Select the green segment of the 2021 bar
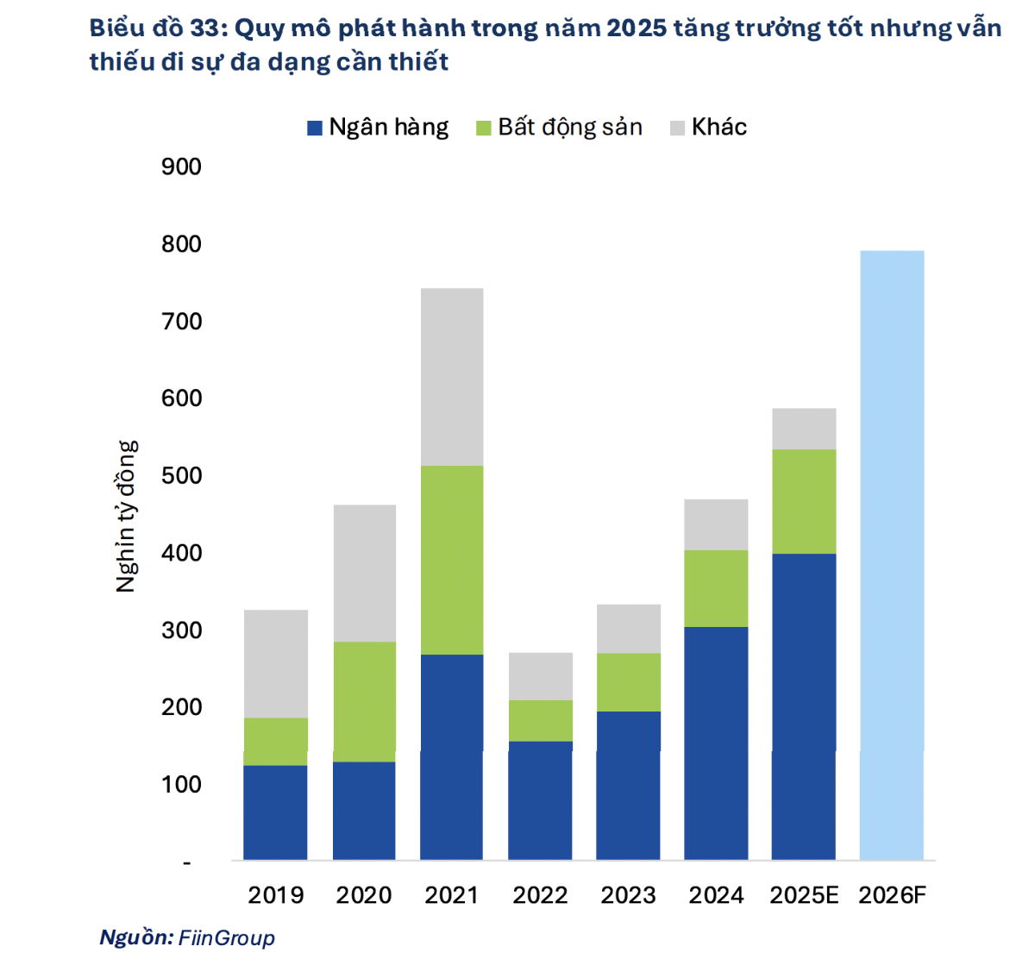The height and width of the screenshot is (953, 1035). (452, 560)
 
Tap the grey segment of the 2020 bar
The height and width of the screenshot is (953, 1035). (364, 573)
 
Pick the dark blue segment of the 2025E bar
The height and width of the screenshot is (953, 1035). (804, 706)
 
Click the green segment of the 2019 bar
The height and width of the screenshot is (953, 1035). (276, 741)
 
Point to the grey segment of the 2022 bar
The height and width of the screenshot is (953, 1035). (541, 676)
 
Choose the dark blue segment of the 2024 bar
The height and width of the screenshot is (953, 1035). (716, 743)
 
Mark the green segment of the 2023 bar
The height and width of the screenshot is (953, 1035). (629, 682)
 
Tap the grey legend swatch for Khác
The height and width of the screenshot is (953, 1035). (678, 129)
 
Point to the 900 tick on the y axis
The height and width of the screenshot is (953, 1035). (181, 166)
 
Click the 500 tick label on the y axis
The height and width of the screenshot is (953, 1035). (181, 475)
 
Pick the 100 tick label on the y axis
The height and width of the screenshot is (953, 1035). (181, 784)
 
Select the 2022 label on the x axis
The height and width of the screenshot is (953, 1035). (541, 895)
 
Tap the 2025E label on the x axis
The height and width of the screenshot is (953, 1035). (804, 895)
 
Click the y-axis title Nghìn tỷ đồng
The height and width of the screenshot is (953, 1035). (127, 516)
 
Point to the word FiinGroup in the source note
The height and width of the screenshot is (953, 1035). (227, 938)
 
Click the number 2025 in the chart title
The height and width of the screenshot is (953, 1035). (637, 28)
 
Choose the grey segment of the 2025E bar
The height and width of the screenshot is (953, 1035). (804, 429)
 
